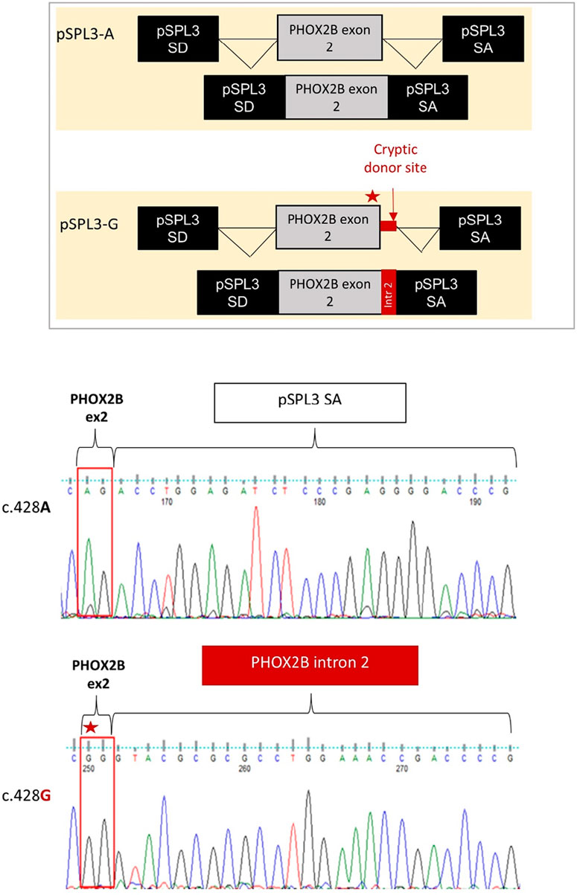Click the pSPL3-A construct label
click(83, 36)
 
